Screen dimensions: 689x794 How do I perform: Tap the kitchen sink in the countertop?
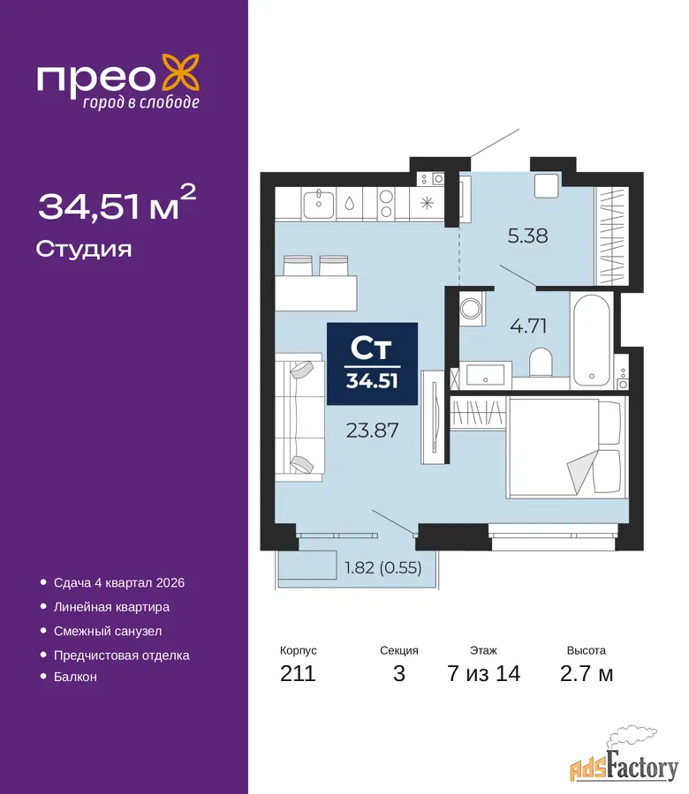(x=318, y=204)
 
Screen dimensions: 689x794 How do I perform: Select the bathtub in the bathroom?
(x=591, y=341)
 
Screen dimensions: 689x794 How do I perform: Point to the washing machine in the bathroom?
(x=473, y=308)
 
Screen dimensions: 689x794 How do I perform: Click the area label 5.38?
(x=527, y=236)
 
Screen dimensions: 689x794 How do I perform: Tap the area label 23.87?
(x=372, y=431)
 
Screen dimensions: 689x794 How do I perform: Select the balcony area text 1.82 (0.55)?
(x=383, y=567)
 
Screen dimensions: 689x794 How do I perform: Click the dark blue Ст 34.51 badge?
(x=372, y=363)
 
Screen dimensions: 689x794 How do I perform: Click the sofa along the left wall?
(x=299, y=416)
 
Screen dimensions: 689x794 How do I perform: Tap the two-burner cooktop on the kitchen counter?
(x=386, y=204)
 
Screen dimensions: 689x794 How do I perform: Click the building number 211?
(x=298, y=673)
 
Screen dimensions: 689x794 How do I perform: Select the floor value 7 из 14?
(x=484, y=673)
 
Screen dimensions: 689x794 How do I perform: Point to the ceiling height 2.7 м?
(x=587, y=673)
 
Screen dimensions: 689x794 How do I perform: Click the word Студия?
(x=84, y=250)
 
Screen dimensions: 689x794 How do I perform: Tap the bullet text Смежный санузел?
(x=108, y=631)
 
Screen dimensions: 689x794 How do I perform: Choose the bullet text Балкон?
(x=75, y=677)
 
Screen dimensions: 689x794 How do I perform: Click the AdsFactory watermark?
(x=625, y=762)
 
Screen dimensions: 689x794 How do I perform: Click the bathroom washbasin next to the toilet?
(x=485, y=375)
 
